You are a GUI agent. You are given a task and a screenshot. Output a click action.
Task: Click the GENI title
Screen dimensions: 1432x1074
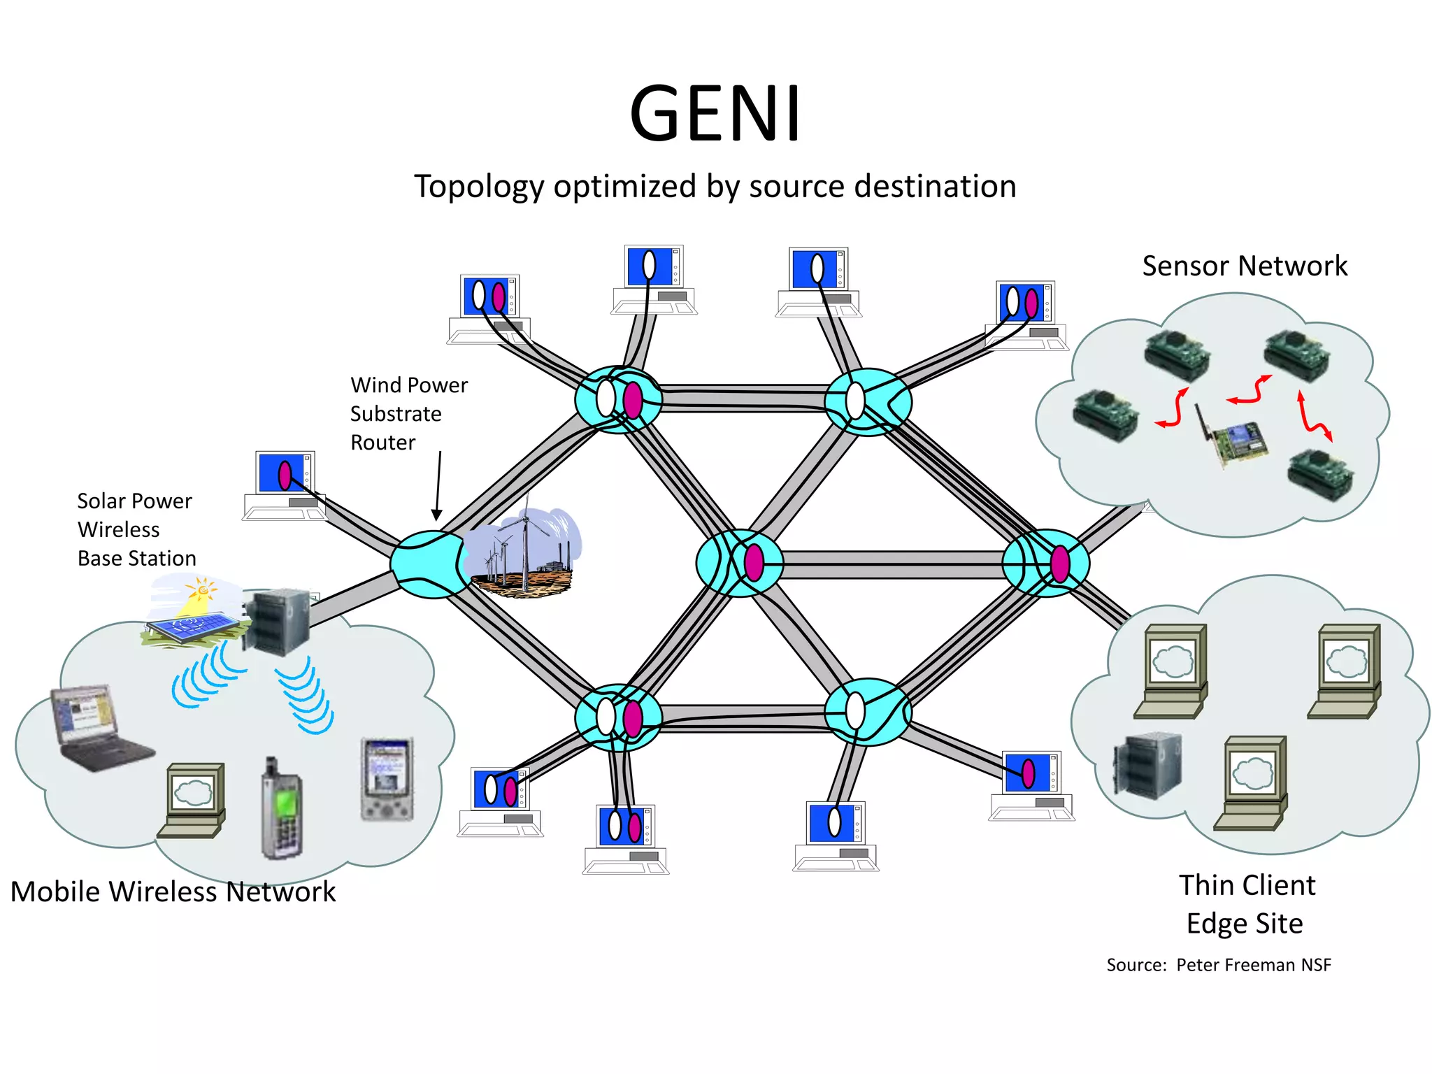point(715,113)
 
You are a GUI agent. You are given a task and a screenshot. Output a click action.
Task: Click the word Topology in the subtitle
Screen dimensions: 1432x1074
point(479,187)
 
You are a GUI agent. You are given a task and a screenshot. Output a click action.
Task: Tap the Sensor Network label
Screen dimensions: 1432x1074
point(1245,266)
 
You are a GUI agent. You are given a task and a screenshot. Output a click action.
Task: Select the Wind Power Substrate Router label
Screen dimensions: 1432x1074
point(409,413)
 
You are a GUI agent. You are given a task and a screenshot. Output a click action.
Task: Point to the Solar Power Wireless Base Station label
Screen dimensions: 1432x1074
point(136,529)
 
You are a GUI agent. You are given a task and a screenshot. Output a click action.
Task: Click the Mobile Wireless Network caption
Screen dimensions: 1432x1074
point(173,892)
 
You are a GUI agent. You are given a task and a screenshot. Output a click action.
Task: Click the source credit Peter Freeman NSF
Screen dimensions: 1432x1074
point(1219,965)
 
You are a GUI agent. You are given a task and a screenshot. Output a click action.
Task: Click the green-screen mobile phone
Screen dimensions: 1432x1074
point(282,808)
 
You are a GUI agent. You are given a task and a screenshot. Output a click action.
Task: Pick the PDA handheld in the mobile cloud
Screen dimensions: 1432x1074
point(387,778)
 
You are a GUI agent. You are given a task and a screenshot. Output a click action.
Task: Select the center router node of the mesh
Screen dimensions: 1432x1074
point(740,563)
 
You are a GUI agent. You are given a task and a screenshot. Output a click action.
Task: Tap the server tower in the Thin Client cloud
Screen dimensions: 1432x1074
point(1147,766)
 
